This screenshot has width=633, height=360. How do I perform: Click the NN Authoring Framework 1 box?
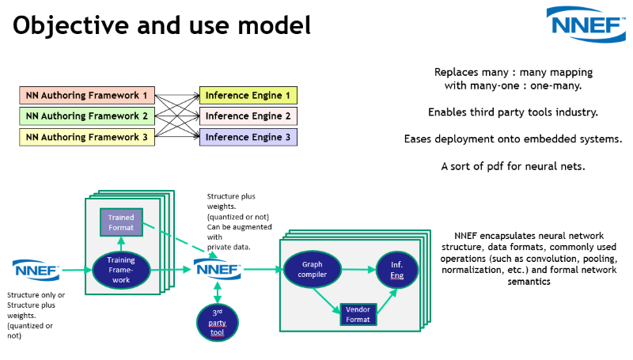coord(86,96)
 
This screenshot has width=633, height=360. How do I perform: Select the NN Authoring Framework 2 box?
coord(86,116)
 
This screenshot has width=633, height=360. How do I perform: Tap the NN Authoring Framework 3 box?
coord(86,137)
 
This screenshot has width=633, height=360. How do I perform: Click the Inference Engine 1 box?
coord(248,96)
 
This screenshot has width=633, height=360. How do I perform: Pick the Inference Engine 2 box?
coord(248,116)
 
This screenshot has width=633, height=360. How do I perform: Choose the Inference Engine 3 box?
coord(248,137)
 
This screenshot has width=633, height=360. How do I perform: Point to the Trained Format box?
coord(121,222)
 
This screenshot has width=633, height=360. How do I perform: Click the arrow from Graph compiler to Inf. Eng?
coord(355,270)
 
